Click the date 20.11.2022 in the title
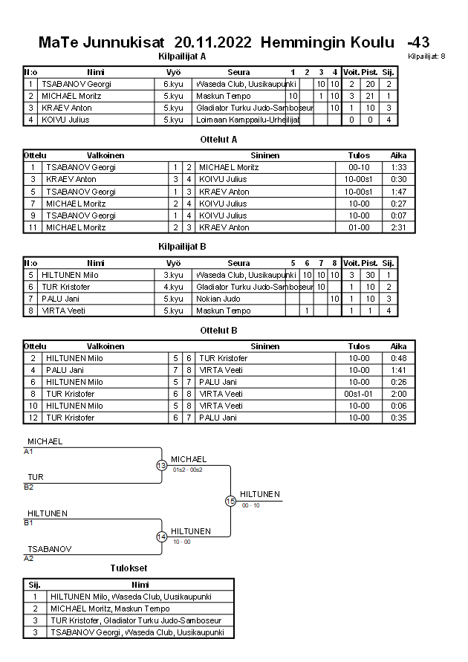click(213, 42)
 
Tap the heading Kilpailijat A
click(182, 56)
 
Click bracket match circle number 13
click(162, 465)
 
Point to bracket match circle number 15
click(231, 501)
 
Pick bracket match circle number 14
click(162, 536)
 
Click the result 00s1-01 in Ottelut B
click(359, 394)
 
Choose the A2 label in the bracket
click(29, 558)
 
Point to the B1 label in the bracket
click(29, 522)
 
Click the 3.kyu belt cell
click(173, 275)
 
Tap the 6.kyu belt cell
click(173, 84)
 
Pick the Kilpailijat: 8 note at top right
click(426, 56)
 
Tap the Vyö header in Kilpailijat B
click(173, 263)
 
